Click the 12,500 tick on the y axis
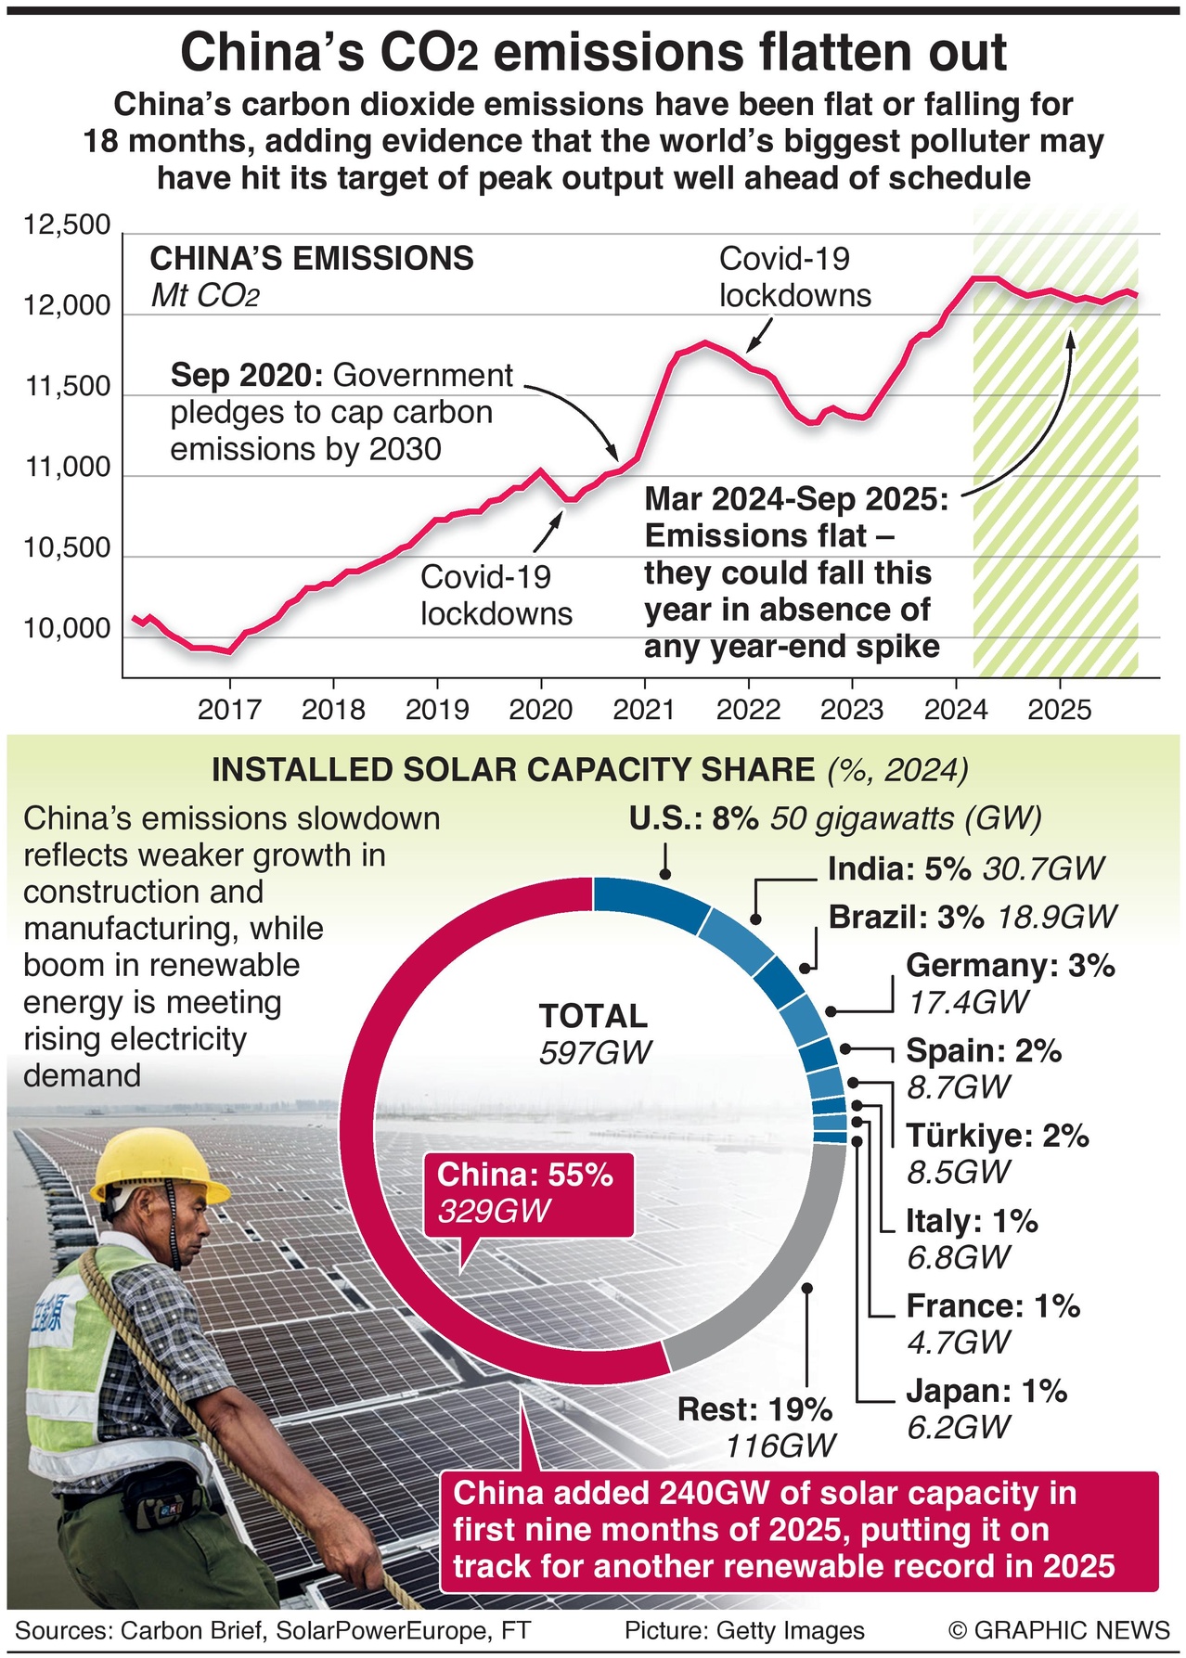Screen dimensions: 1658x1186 tap(67, 225)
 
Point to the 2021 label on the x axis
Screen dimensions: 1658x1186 tap(644, 710)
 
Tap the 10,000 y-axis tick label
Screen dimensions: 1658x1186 tap(67, 629)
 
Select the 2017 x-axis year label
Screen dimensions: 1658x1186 tap(229, 710)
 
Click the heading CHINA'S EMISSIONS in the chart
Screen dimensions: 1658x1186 tap(312, 258)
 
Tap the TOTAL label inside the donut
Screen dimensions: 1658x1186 tap(593, 1016)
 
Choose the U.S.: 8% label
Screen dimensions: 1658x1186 tap(694, 818)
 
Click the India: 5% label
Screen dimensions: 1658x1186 tap(898, 868)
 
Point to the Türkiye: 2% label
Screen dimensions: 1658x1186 tap(997, 1136)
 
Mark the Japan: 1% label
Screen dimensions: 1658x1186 tap(986, 1391)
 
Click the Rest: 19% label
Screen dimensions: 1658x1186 tap(754, 1409)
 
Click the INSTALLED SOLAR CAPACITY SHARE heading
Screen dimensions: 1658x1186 tap(512, 770)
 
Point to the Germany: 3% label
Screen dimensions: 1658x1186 tap(1010, 966)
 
